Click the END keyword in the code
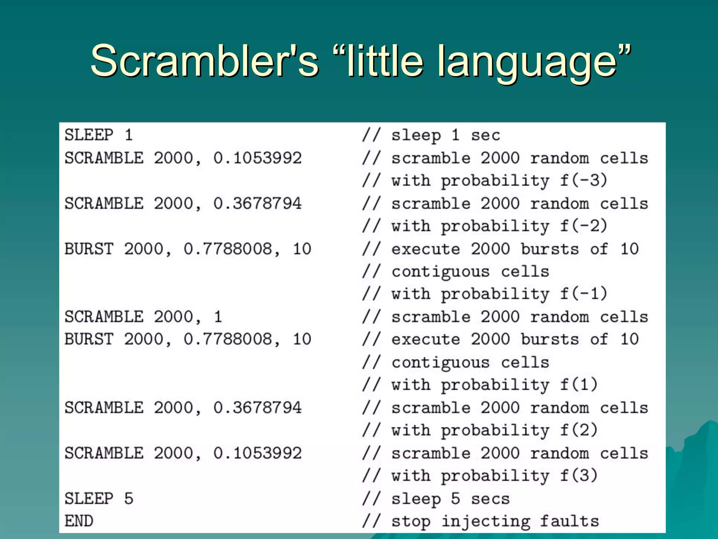79,521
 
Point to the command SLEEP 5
99,498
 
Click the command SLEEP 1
99,135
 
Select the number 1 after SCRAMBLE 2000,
218,317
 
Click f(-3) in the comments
583,180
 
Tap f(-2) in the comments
583,226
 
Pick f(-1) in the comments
583,294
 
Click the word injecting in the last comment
486,522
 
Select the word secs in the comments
490,499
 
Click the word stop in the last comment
411,522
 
